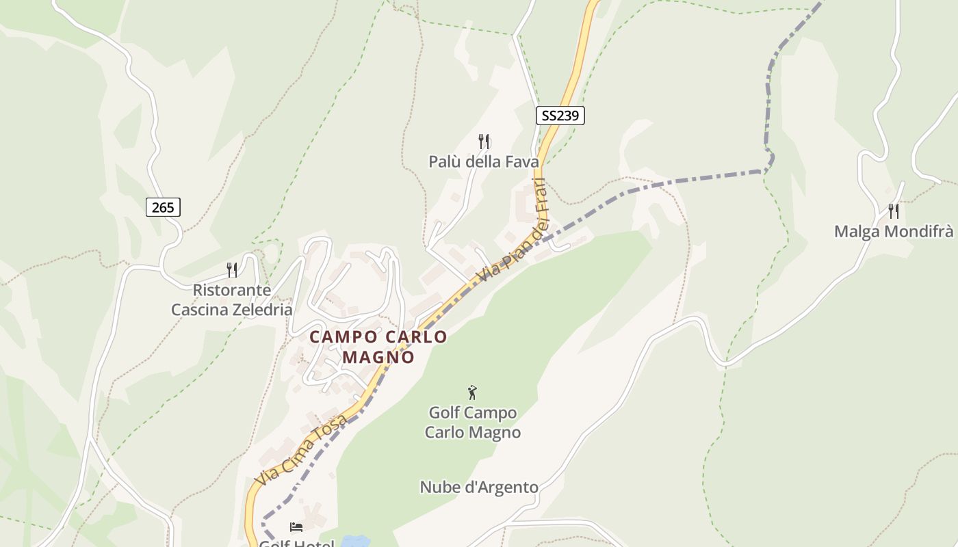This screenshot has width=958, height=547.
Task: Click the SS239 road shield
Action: coord(560,116)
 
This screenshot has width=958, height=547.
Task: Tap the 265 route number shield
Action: coord(163,206)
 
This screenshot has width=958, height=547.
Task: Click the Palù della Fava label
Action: coord(483,161)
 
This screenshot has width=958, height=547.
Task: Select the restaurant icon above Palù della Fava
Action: coord(484,142)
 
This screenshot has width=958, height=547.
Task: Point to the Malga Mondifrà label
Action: coord(893,231)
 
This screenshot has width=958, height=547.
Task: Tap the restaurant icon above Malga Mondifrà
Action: coord(893,211)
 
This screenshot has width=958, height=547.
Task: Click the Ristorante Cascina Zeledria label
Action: coord(231,299)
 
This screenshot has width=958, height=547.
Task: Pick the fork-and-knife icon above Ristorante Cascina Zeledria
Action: coord(232,270)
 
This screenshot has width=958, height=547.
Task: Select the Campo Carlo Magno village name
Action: coord(378,347)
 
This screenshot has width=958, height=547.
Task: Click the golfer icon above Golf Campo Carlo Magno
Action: coord(471,392)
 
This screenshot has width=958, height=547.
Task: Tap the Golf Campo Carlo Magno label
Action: coord(472,423)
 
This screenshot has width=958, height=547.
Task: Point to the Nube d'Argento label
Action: coord(479,487)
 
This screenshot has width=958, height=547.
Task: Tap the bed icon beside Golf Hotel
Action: coord(296,526)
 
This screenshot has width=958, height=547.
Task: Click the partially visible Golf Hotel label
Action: coord(296,543)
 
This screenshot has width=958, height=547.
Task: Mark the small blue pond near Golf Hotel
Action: coord(355,542)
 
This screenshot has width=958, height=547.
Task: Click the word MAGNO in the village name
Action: coord(378,357)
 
